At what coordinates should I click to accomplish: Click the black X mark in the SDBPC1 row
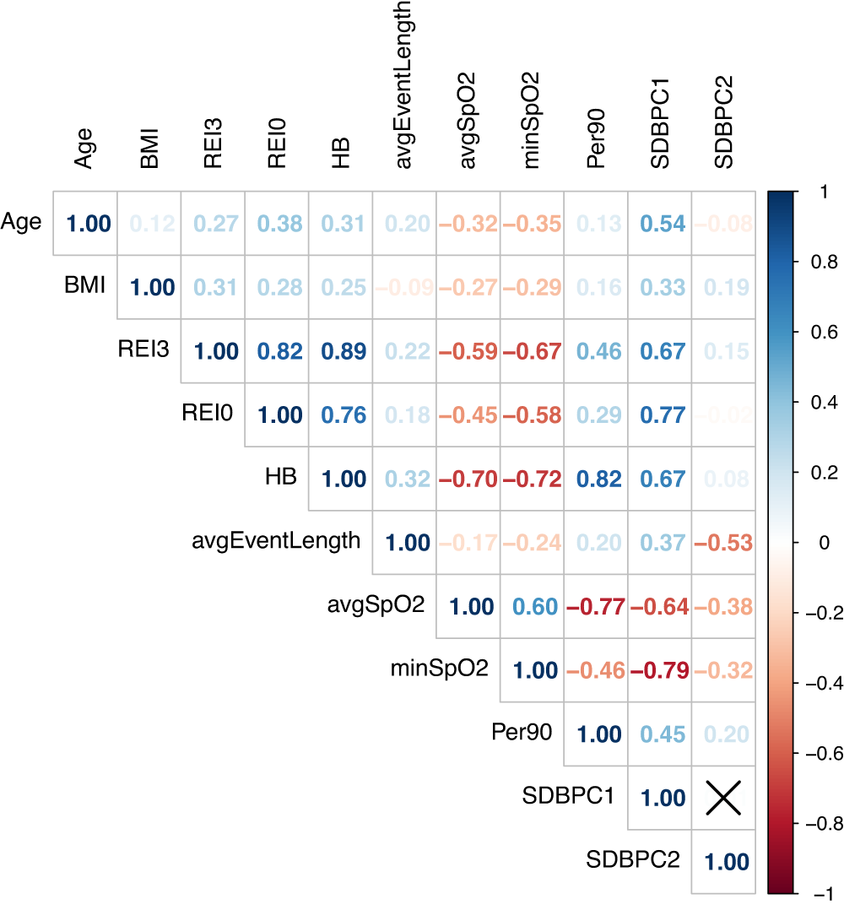[x=723, y=798]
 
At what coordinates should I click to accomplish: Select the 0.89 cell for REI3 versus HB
[x=341, y=352]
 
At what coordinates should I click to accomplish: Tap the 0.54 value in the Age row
[x=660, y=224]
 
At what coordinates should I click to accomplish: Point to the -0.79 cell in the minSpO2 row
[x=660, y=670]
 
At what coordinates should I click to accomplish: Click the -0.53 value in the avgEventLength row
[x=723, y=542]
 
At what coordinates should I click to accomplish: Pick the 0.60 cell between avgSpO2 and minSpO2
[x=533, y=607]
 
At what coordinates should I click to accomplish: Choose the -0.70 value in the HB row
[x=468, y=479]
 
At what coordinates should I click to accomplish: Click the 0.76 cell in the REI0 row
[x=341, y=415]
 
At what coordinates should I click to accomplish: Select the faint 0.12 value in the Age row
[x=150, y=224]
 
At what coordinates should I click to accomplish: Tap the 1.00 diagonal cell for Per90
[x=597, y=734]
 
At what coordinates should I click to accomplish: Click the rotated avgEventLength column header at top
[x=404, y=84]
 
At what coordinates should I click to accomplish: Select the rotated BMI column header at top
[x=149, y=147]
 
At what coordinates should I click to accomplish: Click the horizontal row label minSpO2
[x=439, y=669]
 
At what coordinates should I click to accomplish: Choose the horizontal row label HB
[x=280, y=476]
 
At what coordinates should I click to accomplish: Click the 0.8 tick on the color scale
[x=819, y=263]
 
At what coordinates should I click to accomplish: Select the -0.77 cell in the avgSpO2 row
[x=597, y=607]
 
